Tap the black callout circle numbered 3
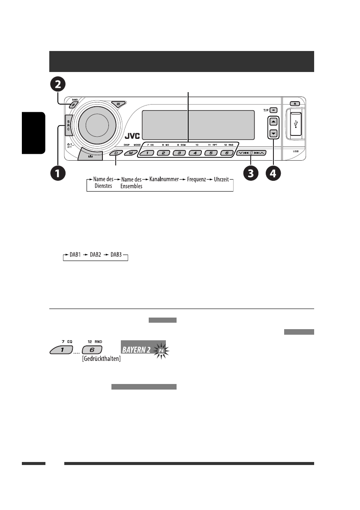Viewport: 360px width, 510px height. pos(251,174)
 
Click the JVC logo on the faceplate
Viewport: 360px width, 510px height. pos(133,138)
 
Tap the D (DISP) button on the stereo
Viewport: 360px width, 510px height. pos(115,153)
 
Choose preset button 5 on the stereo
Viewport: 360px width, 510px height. pos(211,153)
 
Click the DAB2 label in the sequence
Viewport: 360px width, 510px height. pos(97,256)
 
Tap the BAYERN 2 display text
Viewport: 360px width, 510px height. pos(136,350)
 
